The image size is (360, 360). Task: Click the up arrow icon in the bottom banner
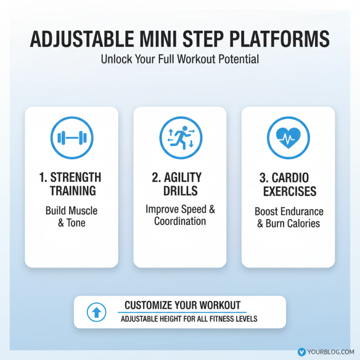click(x=96, y=312)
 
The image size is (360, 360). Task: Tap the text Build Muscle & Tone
click(x=72, y=216)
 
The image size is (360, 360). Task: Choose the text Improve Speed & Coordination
click(x=180, y=215)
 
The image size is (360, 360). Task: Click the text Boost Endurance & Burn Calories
click(x=288, y=217)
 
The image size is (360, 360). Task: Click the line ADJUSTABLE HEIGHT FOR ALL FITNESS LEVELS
click(x=189, y=319)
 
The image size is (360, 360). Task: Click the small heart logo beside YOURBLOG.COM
click(x=301, y=352)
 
